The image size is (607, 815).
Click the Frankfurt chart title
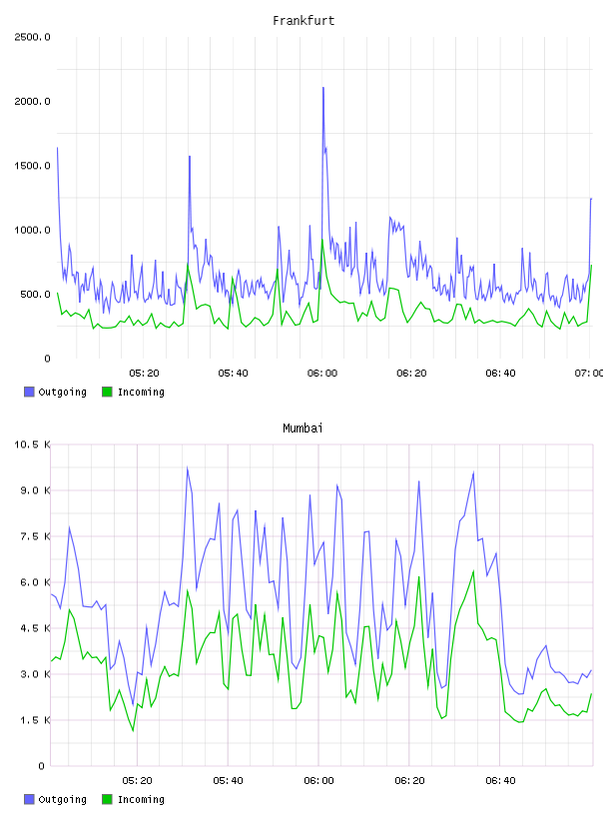click(303, 21)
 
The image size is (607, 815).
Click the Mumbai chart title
click(303, 428)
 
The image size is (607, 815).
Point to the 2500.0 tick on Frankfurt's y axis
click(32, 37)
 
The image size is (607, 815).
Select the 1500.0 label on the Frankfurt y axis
click(32, 166)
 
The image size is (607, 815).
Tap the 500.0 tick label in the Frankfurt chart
click(35, 295)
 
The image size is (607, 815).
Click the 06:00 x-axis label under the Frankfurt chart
click(322, 374)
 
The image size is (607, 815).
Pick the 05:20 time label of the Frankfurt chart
click(144, 374)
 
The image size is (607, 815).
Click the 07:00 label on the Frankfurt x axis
click(589, 374)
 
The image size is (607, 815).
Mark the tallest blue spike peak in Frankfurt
click(323, 87)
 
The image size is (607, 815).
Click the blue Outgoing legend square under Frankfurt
click(29, 392)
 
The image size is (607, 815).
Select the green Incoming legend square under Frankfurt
click(107, 392)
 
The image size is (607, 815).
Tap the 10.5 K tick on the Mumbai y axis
click(32, 444)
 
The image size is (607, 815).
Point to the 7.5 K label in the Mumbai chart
click(35, 536)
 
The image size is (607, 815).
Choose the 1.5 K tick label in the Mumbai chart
click(35, 720)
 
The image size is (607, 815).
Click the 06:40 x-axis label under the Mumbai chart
click(500, 781)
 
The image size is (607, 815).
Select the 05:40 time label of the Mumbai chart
click(228, 781)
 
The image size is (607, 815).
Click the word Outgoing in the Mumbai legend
click(62, 799)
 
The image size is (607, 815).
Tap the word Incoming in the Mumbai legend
click(141, 799)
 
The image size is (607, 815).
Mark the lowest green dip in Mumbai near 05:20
click(133, 731)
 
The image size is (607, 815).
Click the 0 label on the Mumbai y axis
click(42, 766)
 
